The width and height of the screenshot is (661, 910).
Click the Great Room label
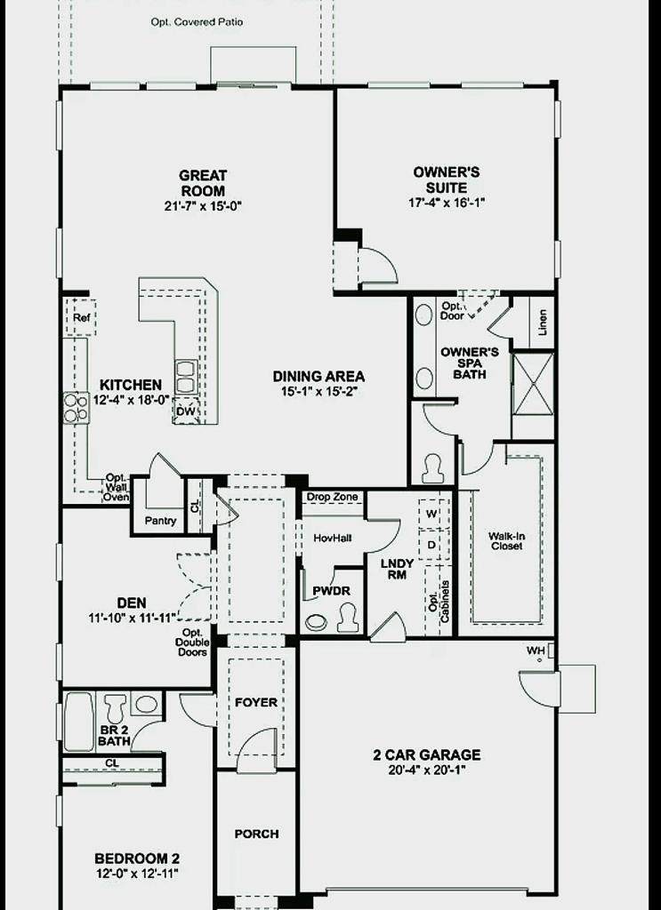(203, 183)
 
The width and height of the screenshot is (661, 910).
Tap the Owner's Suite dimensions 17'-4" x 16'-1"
(447, 203)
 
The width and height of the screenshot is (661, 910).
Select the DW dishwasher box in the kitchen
(186, 411)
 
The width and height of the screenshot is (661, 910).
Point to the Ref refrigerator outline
(80, 317)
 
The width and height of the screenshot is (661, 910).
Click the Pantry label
(160, 521)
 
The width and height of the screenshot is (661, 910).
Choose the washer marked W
(431, 514)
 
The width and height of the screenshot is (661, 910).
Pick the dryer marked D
(431, 545)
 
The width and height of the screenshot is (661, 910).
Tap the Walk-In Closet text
(506, 541)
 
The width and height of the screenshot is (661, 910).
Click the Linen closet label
(543, 323)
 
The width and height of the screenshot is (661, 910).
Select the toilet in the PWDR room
(348, 617)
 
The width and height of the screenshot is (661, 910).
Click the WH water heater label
(535, 651)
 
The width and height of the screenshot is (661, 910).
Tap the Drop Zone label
(332, 497)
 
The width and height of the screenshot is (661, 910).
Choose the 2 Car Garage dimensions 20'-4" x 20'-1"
(428, 770)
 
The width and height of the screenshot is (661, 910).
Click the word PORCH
(256, 834)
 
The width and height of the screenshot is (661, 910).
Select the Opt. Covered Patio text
(197, 22)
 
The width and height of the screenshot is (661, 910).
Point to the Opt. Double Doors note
(192, 643)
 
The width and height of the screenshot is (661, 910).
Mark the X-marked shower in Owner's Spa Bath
(533, 383)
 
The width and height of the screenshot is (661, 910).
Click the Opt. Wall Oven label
(117, 487)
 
